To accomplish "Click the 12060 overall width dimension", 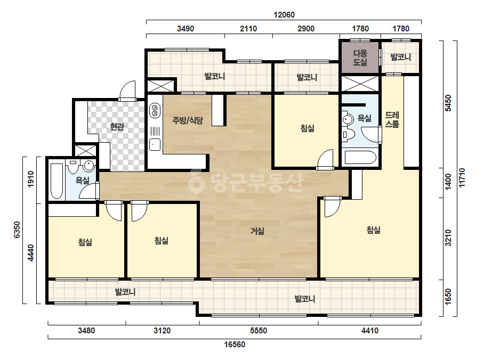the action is click(284, 15).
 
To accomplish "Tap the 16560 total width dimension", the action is click(235, 345).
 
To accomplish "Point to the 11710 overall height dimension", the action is click(462, 178).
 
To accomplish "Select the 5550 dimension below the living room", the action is click(259, 331).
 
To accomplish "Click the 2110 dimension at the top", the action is click(248, 29).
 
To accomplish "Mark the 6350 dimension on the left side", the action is click(17, 230).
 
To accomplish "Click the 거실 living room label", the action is click(257, 231).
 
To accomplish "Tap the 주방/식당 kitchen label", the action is click(188, 120).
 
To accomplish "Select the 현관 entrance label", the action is click(117, 127).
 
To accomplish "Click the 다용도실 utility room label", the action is click(360, 58).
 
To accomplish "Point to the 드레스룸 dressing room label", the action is click(392, 119).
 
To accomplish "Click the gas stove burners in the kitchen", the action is click(155, 110).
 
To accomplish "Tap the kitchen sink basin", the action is click(155, 144).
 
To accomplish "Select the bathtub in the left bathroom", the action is click(57, 181).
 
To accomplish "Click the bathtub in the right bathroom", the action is click(360, 158).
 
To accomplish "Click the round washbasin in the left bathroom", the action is click(89, 166).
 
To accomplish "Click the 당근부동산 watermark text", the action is click(246, 182).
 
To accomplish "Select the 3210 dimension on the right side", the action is click(448, 238).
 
